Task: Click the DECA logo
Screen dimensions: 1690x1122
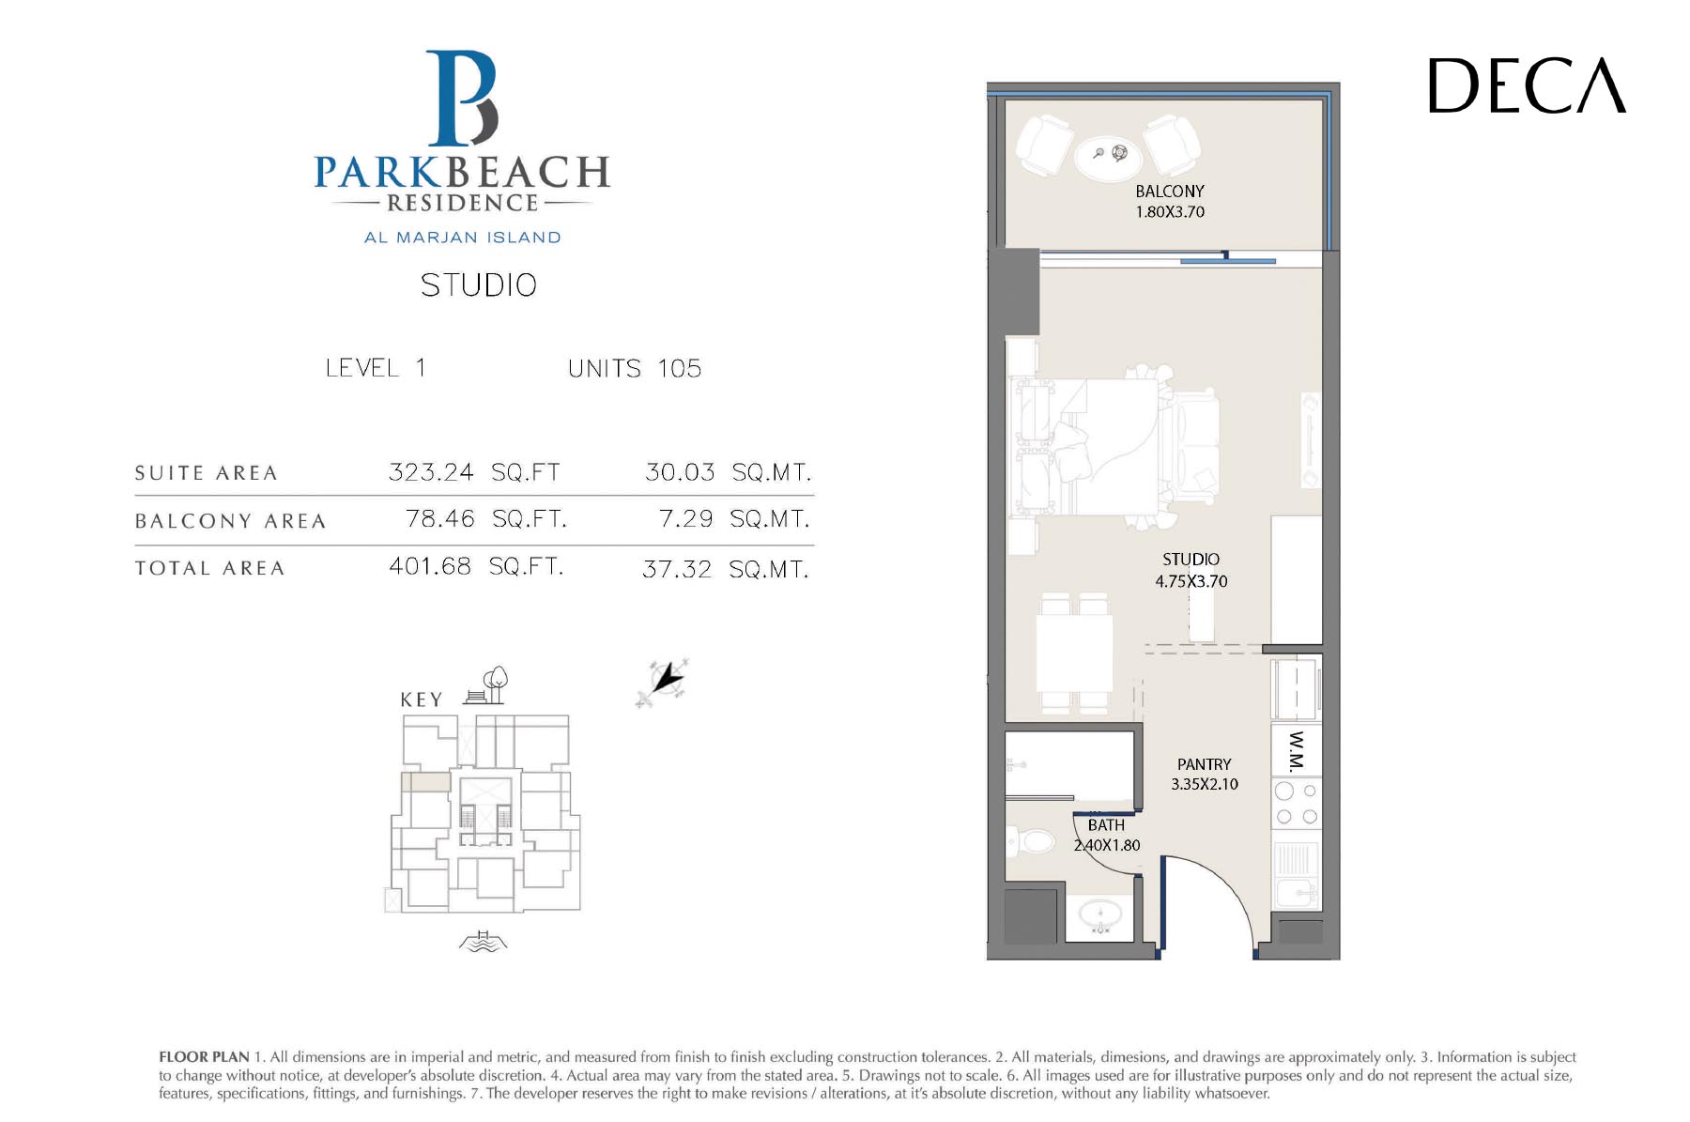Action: pyautogui.click(x=1527, y=85)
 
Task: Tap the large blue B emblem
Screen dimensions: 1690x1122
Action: pyautogui.click(x=462, y=98)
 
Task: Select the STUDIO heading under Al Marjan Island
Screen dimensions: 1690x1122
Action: pyautogui.click(x=479, y=285)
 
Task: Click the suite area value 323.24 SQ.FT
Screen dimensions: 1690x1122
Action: pyautogui.click(x=474, y=471)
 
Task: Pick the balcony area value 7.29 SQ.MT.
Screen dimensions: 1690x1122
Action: pyautogui.click(x=734, y=519)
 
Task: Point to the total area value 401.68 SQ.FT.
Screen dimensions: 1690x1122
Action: pyautogui.click(x=476, y=566)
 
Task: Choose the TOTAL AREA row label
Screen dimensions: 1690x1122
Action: pyautogui.click(x=209, y=568)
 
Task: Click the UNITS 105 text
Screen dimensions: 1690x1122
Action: pyautogui.click(x=635, y=368)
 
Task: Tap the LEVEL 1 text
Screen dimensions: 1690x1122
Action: pyautogui.click(x=376, y=367)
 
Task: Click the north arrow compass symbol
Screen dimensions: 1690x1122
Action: pyautogui.click(x=664, y=682)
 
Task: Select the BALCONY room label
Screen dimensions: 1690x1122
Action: pyautogui.click(x=1170, y=192)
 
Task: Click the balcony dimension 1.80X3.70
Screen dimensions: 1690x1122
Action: pyautogui.click(x=1170, y=212)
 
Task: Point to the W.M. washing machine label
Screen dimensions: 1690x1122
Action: pyautogui.click(x=1297, y=750)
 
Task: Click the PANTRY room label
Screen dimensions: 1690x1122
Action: pyautogui.click(x=1205, y=764)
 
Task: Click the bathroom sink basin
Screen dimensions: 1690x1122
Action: pyautogui.click(x=1100, y=913)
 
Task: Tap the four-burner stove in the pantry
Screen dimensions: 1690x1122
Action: pyautogui.click(x=1297, y=804)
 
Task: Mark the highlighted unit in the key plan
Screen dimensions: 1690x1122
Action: pyautogui.click(x=426, y=781)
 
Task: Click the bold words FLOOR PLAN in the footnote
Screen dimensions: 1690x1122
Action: pyautogui.click(x=204, y=1057)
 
